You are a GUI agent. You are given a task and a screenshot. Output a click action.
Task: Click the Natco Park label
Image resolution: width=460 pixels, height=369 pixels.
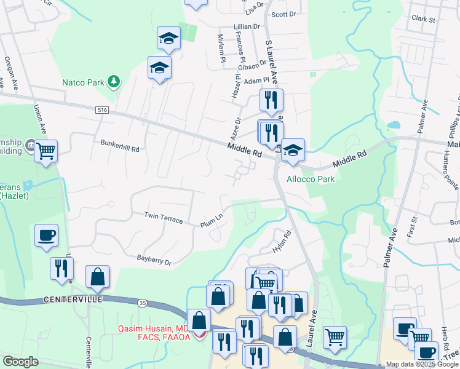tap(82, 82)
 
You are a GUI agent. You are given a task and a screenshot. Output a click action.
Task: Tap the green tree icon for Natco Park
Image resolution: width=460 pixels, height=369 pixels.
tap(113, 81)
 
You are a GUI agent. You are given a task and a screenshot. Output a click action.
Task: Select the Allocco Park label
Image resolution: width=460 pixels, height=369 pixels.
tap(311, 179)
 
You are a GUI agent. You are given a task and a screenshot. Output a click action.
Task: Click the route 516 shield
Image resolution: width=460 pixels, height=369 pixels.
tap(102, 109)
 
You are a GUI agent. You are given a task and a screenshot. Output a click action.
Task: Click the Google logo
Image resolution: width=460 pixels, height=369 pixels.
tap(20, 362)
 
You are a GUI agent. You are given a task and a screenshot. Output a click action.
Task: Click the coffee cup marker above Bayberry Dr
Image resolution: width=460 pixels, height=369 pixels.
tap(46, 234)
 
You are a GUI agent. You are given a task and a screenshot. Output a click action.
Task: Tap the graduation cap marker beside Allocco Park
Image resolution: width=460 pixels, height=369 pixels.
tap(293, 149)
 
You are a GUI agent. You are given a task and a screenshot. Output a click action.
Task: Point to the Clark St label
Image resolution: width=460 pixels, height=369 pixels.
tap(423, 19)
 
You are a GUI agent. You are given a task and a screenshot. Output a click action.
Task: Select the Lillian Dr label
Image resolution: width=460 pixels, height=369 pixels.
tap(247, 27)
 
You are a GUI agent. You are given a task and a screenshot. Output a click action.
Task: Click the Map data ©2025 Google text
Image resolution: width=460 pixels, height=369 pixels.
tap(422, 364)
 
